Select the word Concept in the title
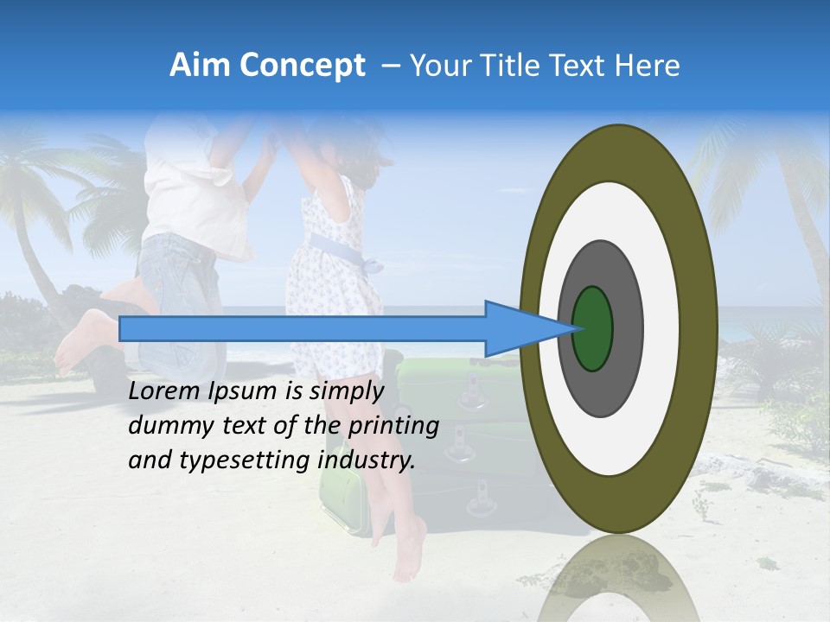[302, 66]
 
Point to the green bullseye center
[592, 328]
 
